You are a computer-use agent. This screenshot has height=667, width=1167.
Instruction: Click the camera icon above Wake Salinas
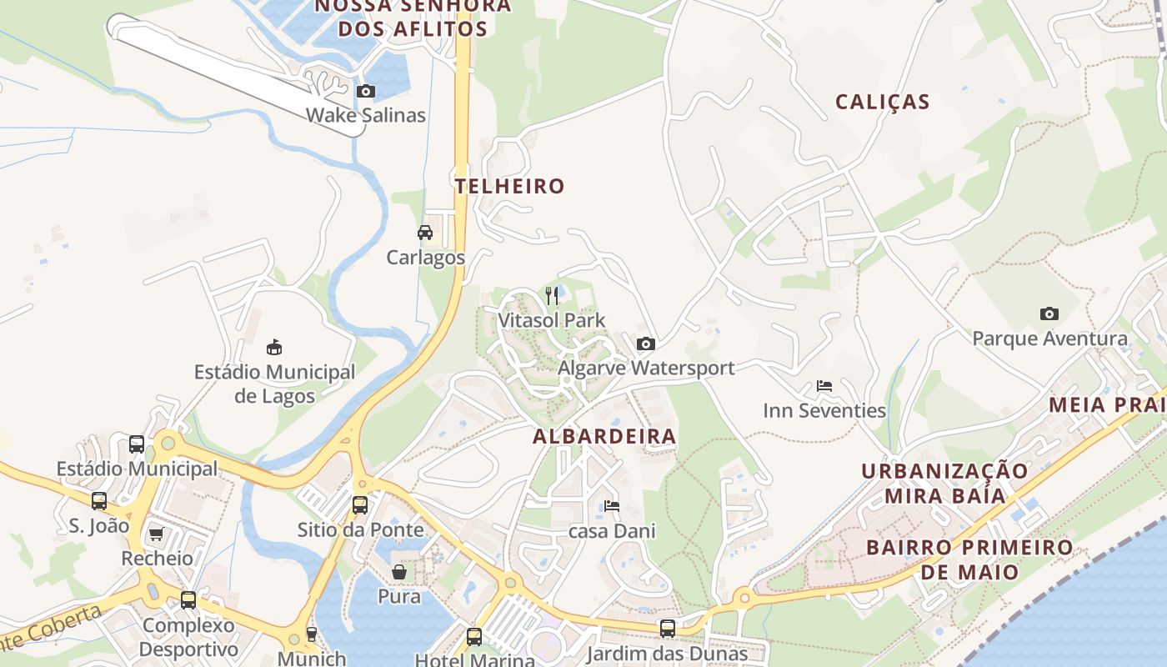(365, 91)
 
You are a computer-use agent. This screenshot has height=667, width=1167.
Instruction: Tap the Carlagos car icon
(425, 233)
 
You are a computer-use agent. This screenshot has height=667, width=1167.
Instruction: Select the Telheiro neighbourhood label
(510, 186)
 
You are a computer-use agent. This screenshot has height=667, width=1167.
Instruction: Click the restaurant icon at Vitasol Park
(552, 295)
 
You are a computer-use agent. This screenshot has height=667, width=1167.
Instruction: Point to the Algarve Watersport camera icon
(645, 344)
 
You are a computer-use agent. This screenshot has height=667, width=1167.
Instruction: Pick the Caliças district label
(882, 102)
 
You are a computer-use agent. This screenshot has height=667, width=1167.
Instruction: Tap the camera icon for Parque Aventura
(1049, 314)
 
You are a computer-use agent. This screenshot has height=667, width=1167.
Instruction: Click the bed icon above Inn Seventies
(824, 386)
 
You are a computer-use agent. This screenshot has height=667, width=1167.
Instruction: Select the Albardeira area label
(604, 436)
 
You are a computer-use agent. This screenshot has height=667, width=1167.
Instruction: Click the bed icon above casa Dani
(612, 506)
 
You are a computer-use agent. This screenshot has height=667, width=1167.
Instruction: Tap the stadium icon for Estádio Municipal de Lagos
(274, 347)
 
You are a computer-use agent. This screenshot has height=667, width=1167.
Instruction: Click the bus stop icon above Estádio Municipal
(137, 444)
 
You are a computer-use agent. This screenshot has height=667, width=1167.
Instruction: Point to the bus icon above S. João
(99, 501)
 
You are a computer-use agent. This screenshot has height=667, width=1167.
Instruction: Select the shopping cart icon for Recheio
(156, 534)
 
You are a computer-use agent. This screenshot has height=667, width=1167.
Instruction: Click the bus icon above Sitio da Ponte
(360, 505)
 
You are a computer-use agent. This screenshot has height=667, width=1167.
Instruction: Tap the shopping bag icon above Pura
(399, 572)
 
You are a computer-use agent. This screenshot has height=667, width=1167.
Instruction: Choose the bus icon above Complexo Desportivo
(188, 599)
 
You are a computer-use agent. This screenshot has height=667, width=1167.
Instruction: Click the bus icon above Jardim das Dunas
(667, 629)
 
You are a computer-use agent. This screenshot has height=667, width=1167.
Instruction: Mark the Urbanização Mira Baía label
(944, 484)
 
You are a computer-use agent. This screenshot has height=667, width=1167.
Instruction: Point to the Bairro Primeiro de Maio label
(969, 559)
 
